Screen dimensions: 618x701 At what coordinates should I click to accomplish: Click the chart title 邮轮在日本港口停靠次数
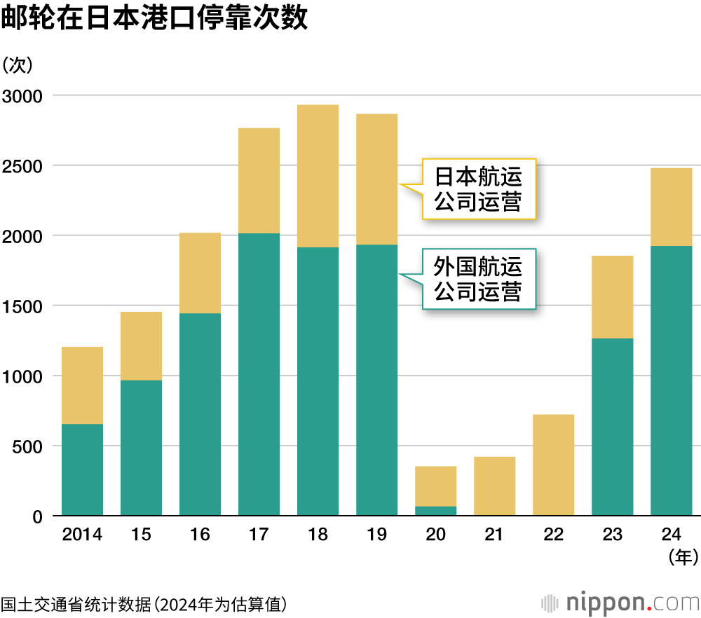pyautogui.click(x=154, y=19)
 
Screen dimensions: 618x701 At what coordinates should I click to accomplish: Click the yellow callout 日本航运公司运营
pyautogui.click(x=478, y=188)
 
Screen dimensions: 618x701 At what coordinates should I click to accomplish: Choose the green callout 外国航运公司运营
pyautogui.click(x=478, y=279)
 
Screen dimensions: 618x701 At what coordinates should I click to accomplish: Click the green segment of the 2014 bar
pyautogui.click(x=82, y=469)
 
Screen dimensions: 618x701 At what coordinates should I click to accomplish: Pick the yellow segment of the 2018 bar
pyautogui.click(x=318, y=176)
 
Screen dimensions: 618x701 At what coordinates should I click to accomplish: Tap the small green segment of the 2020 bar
pyautogui.click(x=435, y=511)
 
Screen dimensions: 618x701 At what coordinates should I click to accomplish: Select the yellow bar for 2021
pyautogui.click(x=494, y=486)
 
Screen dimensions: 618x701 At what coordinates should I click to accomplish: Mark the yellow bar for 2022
pyautogui.click(x=553, y=465)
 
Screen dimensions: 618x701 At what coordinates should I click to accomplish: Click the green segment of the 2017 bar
pyautogui.click(x=259, y=374)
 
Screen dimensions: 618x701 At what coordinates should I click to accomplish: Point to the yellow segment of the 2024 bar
pyautogui.click(x=671, y=207)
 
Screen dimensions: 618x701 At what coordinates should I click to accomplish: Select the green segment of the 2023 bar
pyautogui.click(x=612, y=427)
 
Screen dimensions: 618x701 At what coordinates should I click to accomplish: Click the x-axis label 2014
pyautogui.click(x=82, y=535)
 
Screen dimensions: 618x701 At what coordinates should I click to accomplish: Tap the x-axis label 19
pyautogui.click(x=376, y=535)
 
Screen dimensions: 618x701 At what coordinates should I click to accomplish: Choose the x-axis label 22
pyautogui.click(x=553, y=535)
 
